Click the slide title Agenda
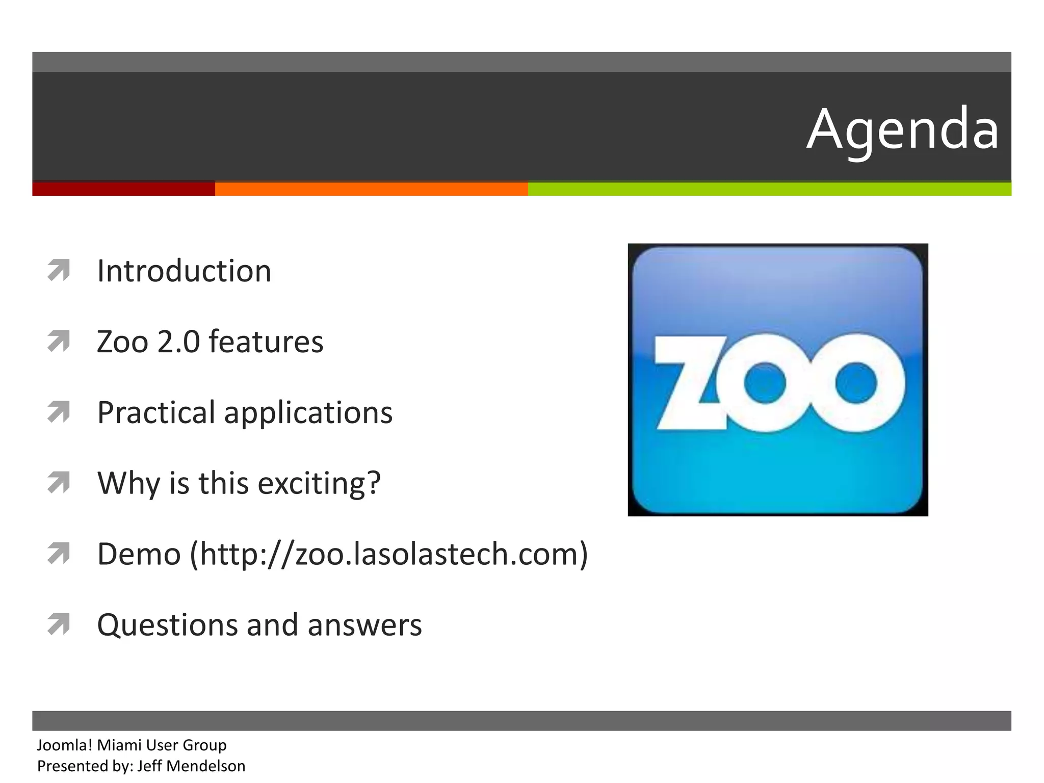pyautogui.click(x=902, y=130)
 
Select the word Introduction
pyautogui.click(x=184, y=271)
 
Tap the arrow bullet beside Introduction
pyautogui.click(x=59, y=270)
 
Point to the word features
pyautogui.click(x=266, y=342)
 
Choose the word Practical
pyautogui.click(x=156, y=412)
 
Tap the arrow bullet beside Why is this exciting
pyautogui.click(x=59, y=482)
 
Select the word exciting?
pyautogui.click(x=319, y=484)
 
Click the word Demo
pyautogui.click(x=139, y=554)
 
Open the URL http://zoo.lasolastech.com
pyautogui.click(x=389, y=554)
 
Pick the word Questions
pyautogui.click(x=167, y=625)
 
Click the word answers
pyautogui.click(x=364, y=625)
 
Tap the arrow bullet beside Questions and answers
pyautogui.click(x=59, y=624)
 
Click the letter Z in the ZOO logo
pyautogui.click(x=691, y=382)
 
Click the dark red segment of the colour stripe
pyautogui.click(x=123, y=189)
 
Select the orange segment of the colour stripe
pyautogui.click(x=371, y=189)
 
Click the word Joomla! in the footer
pyautogui.click(x=65, y=745)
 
